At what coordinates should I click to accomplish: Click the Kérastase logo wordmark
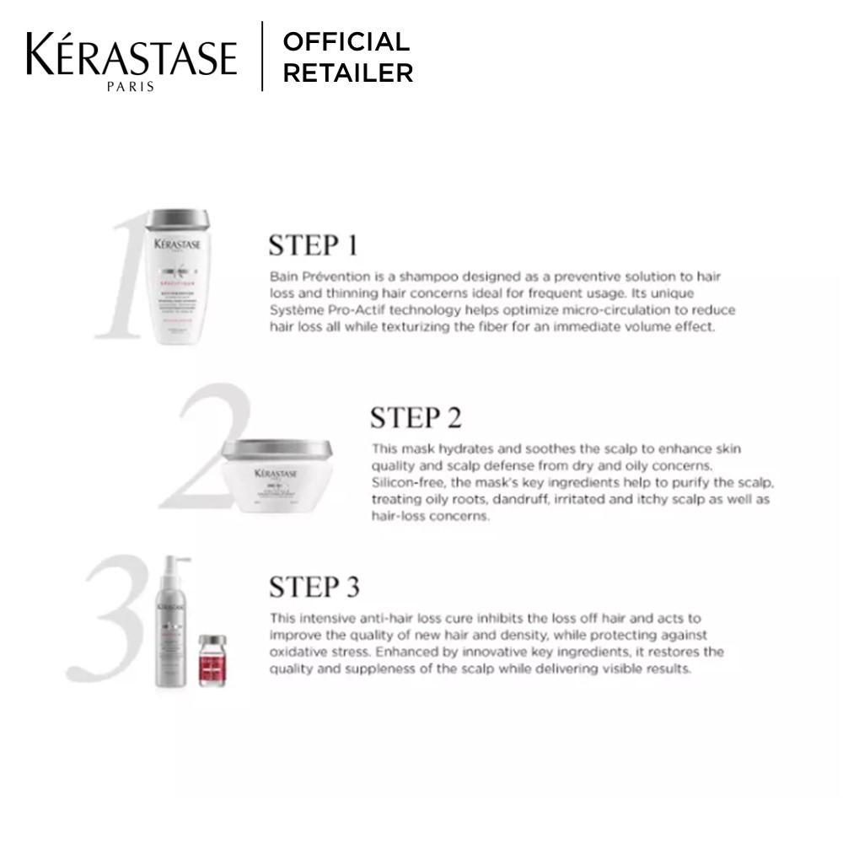[131, 56]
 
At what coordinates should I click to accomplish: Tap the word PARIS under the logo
[131, 86]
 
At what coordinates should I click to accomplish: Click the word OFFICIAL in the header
[346, 41]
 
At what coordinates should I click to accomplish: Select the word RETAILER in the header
[347, 73]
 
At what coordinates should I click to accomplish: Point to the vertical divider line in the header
[262, 56]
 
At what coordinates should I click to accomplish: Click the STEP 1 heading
[313, 245]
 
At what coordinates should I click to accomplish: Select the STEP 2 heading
[416, 417]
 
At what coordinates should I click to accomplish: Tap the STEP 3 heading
[314, 587]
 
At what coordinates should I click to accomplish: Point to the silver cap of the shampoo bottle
[177, 220]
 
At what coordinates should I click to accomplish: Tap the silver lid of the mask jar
[277, 449]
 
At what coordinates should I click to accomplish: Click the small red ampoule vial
[213, 661]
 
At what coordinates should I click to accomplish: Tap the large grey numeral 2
[207, 447]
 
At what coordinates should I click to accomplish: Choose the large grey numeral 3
[110, 620]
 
